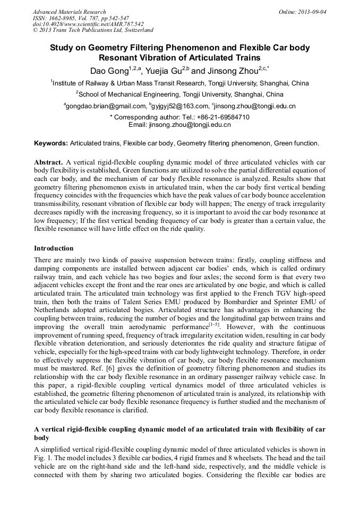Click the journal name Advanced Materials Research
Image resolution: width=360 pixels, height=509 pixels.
tap(69, 12)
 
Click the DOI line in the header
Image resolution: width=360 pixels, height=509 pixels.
tap(88, 24)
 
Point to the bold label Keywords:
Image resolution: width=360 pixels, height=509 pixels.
tap(51, 143)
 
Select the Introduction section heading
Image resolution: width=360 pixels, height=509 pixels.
tap(54, 248)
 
